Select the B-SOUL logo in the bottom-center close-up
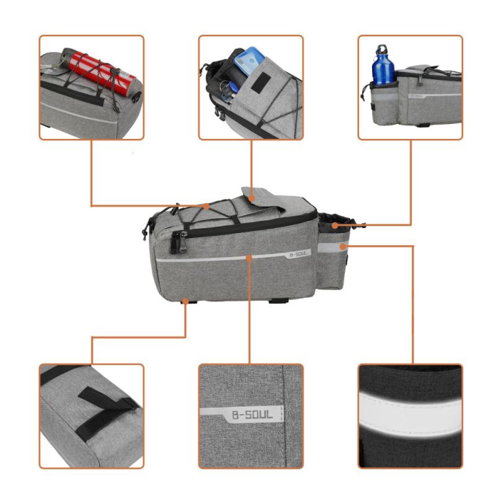(x=251, y=414)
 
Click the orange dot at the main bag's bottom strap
(x=186, y=301)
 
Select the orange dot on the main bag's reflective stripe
(x=249, y=254)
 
